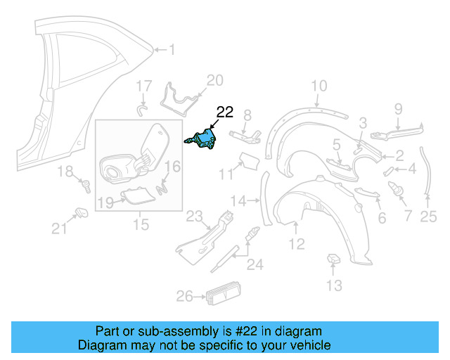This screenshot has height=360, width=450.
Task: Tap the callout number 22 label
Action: click(x=224, y=112)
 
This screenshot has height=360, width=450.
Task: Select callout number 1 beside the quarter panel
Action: click(x=173, y=49)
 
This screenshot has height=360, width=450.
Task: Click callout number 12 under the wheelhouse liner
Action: click(x=296, y=244)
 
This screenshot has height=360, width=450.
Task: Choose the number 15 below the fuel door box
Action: click(x=141, y=225)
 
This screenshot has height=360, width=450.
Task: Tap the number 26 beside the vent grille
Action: click(x=184, y=297)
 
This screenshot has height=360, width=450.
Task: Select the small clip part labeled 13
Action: click(x=334, y=262)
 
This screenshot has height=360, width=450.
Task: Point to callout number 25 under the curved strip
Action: click(x=428, y=218)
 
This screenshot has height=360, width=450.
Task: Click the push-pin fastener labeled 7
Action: click(x=396, y=189)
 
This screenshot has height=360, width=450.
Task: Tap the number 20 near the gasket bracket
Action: click(x=214, y=79)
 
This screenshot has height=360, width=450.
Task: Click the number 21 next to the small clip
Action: click(x=59, y=228)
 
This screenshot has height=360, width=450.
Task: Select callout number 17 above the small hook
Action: click(x=143, y=86)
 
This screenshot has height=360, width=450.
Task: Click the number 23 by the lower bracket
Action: click(x=193, y=216)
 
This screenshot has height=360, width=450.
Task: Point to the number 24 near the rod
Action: click(x=254, y=265)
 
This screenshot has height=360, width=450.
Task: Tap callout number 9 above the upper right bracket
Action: click(x=397, y=108)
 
